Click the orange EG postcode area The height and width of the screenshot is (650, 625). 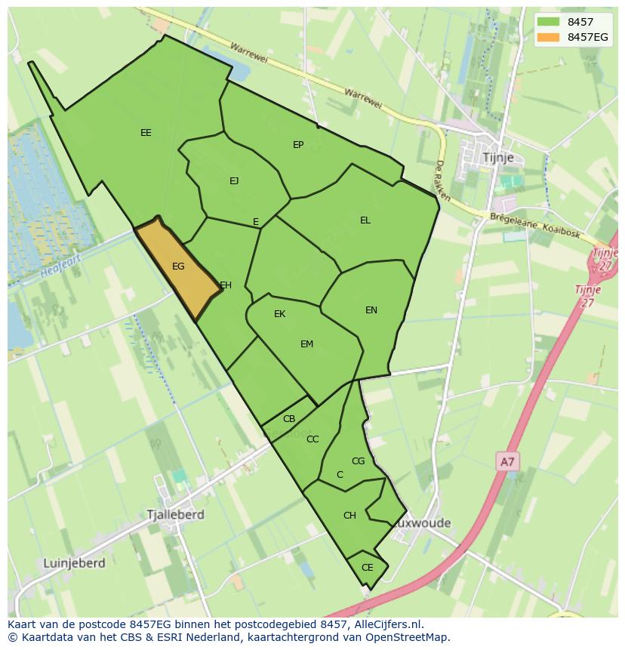click(178, 268)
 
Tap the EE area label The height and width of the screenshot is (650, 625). click(146, 133)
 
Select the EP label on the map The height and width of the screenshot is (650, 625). click(298, 145)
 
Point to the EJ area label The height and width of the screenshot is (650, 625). click(234, 180)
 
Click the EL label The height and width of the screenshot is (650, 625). click(365, 220)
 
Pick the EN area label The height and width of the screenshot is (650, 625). click(371, 310)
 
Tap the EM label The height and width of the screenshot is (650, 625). click(306, 344)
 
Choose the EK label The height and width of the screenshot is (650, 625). click(279, 314)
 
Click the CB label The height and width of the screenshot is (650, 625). click(289, 419)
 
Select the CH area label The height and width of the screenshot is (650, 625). click(349, 516)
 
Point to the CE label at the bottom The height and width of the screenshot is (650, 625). click(368, 568)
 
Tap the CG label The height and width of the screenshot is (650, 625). click(359, 461)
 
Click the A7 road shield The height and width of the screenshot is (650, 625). click(508, 461)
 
